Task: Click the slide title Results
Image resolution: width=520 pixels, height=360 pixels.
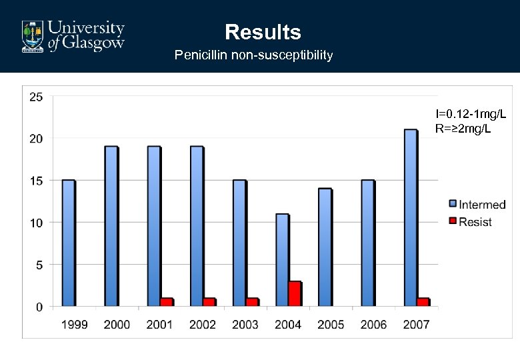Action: pos(263,32)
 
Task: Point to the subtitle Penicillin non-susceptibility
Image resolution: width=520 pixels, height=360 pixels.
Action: pos(253,55)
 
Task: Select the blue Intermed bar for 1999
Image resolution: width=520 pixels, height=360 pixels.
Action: pos(68,243)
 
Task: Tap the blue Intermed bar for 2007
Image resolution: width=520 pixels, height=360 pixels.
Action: pos(410,218)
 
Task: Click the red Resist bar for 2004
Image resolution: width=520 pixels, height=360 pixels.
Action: pos(295,294)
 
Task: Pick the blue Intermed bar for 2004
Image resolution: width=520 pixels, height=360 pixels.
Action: pos(281,260)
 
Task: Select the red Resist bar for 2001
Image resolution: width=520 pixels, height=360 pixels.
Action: pos(167,302)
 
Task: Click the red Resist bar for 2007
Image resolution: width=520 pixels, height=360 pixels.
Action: pos(423,302)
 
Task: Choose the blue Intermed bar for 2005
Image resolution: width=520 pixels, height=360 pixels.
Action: pos(325,247)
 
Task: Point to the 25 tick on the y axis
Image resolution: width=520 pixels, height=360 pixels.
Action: pos(36,97)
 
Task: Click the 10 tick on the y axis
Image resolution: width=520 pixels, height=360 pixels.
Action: pos(36,223)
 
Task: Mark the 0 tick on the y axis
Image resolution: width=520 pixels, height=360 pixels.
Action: pos(39,307)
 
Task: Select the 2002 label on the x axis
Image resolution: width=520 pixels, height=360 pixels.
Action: pos(203,325)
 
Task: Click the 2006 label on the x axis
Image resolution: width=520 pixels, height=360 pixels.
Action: pos(373,325)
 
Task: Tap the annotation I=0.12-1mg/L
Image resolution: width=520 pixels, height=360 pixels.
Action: pos(466,114)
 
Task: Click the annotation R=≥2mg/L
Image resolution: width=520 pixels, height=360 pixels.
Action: pos(463,128)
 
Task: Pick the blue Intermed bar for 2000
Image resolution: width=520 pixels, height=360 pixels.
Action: pos(111,227)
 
